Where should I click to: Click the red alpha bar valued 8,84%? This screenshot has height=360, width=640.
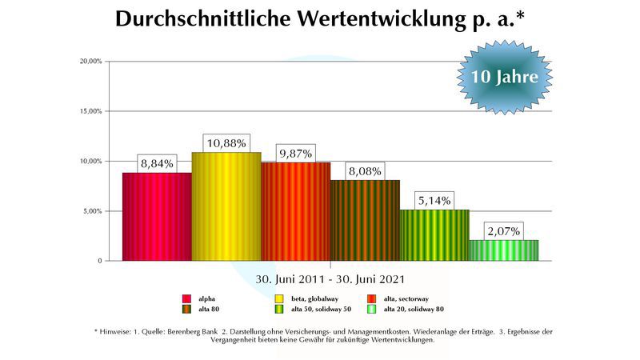(157, 216)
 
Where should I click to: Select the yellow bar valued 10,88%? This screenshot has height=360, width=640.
(226, 206)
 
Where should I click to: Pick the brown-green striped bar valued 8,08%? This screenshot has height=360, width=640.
(365, 220)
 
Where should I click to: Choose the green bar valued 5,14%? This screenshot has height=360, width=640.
(434, 235)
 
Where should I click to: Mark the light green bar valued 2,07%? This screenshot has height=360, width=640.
(503, 250)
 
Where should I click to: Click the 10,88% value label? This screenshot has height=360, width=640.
(226, 143)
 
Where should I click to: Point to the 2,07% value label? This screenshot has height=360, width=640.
(503, 231)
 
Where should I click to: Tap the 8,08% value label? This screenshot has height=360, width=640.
(365, 171)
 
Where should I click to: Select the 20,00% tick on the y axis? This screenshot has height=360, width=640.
(90, 62)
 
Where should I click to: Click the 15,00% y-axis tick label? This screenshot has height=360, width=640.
(90, 111)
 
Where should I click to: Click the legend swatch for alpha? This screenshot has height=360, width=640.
(186, 298)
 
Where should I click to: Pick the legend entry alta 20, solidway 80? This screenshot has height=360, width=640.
(414, 309)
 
